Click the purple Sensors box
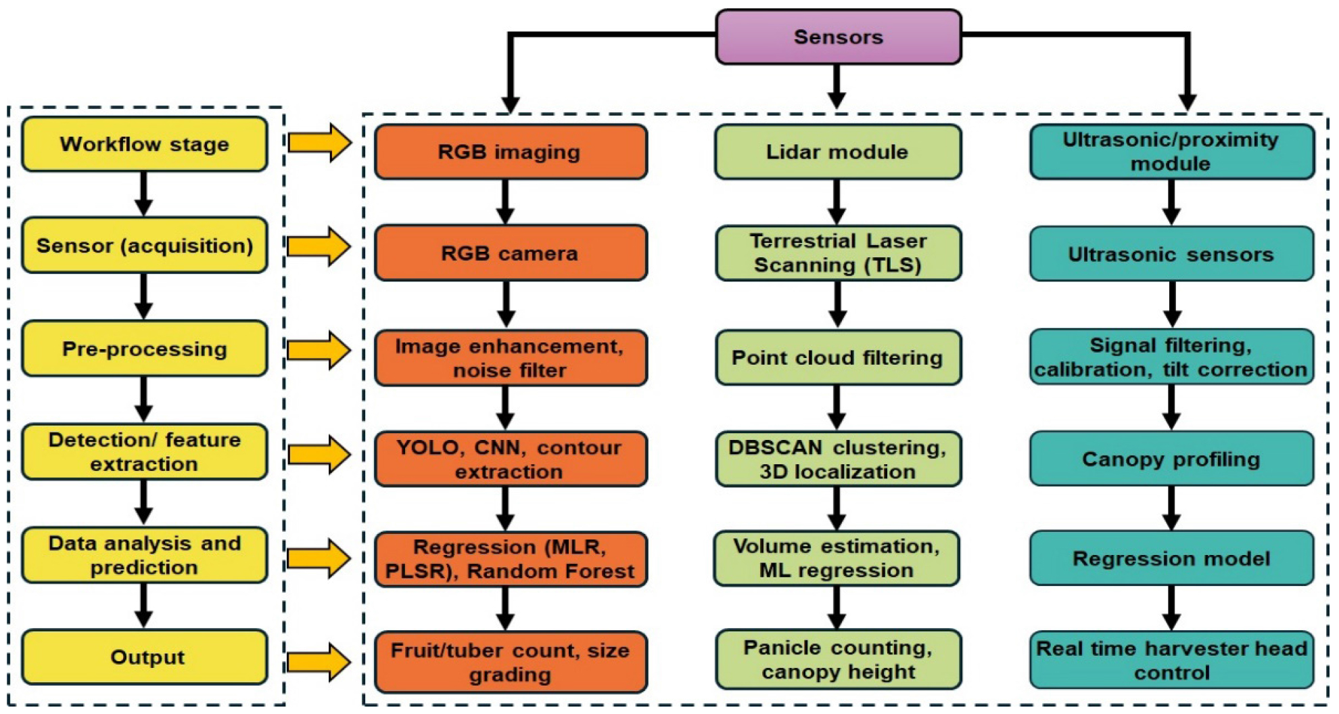(838, 37)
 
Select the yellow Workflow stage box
(144, 144)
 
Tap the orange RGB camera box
(510, 253)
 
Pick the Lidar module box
(837, 152)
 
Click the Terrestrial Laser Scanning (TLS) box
(837, 253)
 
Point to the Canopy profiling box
(1171, 459)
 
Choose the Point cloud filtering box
(837, 357)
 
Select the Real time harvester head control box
(1171, 661)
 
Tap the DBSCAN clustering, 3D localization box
(837, 459)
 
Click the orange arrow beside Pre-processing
(319, 350)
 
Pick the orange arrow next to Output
(319, 661)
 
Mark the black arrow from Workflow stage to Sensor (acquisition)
(143, 194)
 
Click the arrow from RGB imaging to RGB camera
(505, 202)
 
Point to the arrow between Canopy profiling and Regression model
(1171, 508)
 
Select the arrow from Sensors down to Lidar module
(837, 87)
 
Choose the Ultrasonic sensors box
(1171, 254)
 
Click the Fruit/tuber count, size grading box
(510, 662)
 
